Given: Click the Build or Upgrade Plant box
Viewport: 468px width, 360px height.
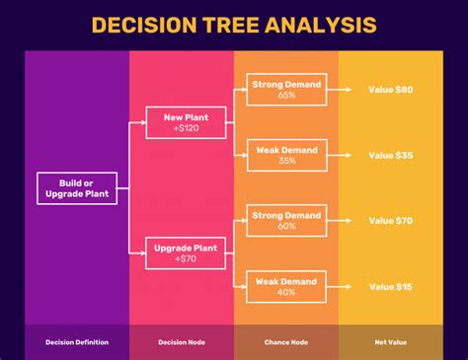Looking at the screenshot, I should pyautogui.click(x=77, y=187).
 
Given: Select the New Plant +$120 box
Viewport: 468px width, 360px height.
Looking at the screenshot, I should pyautogui.click(x=185, y=123).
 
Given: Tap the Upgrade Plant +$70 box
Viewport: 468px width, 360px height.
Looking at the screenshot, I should pyautogui.click(x=185, y=253).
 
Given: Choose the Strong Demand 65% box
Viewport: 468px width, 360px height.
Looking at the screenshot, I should pyautogui.click(x=287, y=90).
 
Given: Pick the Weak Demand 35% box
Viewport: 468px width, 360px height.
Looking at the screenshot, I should pyautogui.click(x=287, y=155).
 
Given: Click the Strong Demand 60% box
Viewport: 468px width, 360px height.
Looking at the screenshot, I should pyautogui.click(x=287, y=220).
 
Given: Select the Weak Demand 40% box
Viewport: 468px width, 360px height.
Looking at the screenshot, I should pyautogui.click(x=287, y=286).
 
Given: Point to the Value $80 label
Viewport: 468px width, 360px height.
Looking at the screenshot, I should pyautogui.click(x=390, y=90).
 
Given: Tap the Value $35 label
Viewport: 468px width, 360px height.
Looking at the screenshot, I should pyautogui.click(x=390, y=155).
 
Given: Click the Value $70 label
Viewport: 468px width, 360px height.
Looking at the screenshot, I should pyautogui.click(x=390, y=220).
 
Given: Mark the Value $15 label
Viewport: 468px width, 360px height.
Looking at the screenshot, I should pyautogui.click(x=390, y=286).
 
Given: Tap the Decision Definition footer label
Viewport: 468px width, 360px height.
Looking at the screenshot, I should pyautogui.click(x=77, y=342).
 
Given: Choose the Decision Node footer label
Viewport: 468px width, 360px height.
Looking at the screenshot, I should pyautogui.click(x=182, y=342).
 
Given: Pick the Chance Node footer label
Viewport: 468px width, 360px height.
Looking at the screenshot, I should pyautogui.click(x=286, y=342).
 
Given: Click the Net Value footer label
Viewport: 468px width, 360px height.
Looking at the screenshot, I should pyautogui.click(x=390, y=342).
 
